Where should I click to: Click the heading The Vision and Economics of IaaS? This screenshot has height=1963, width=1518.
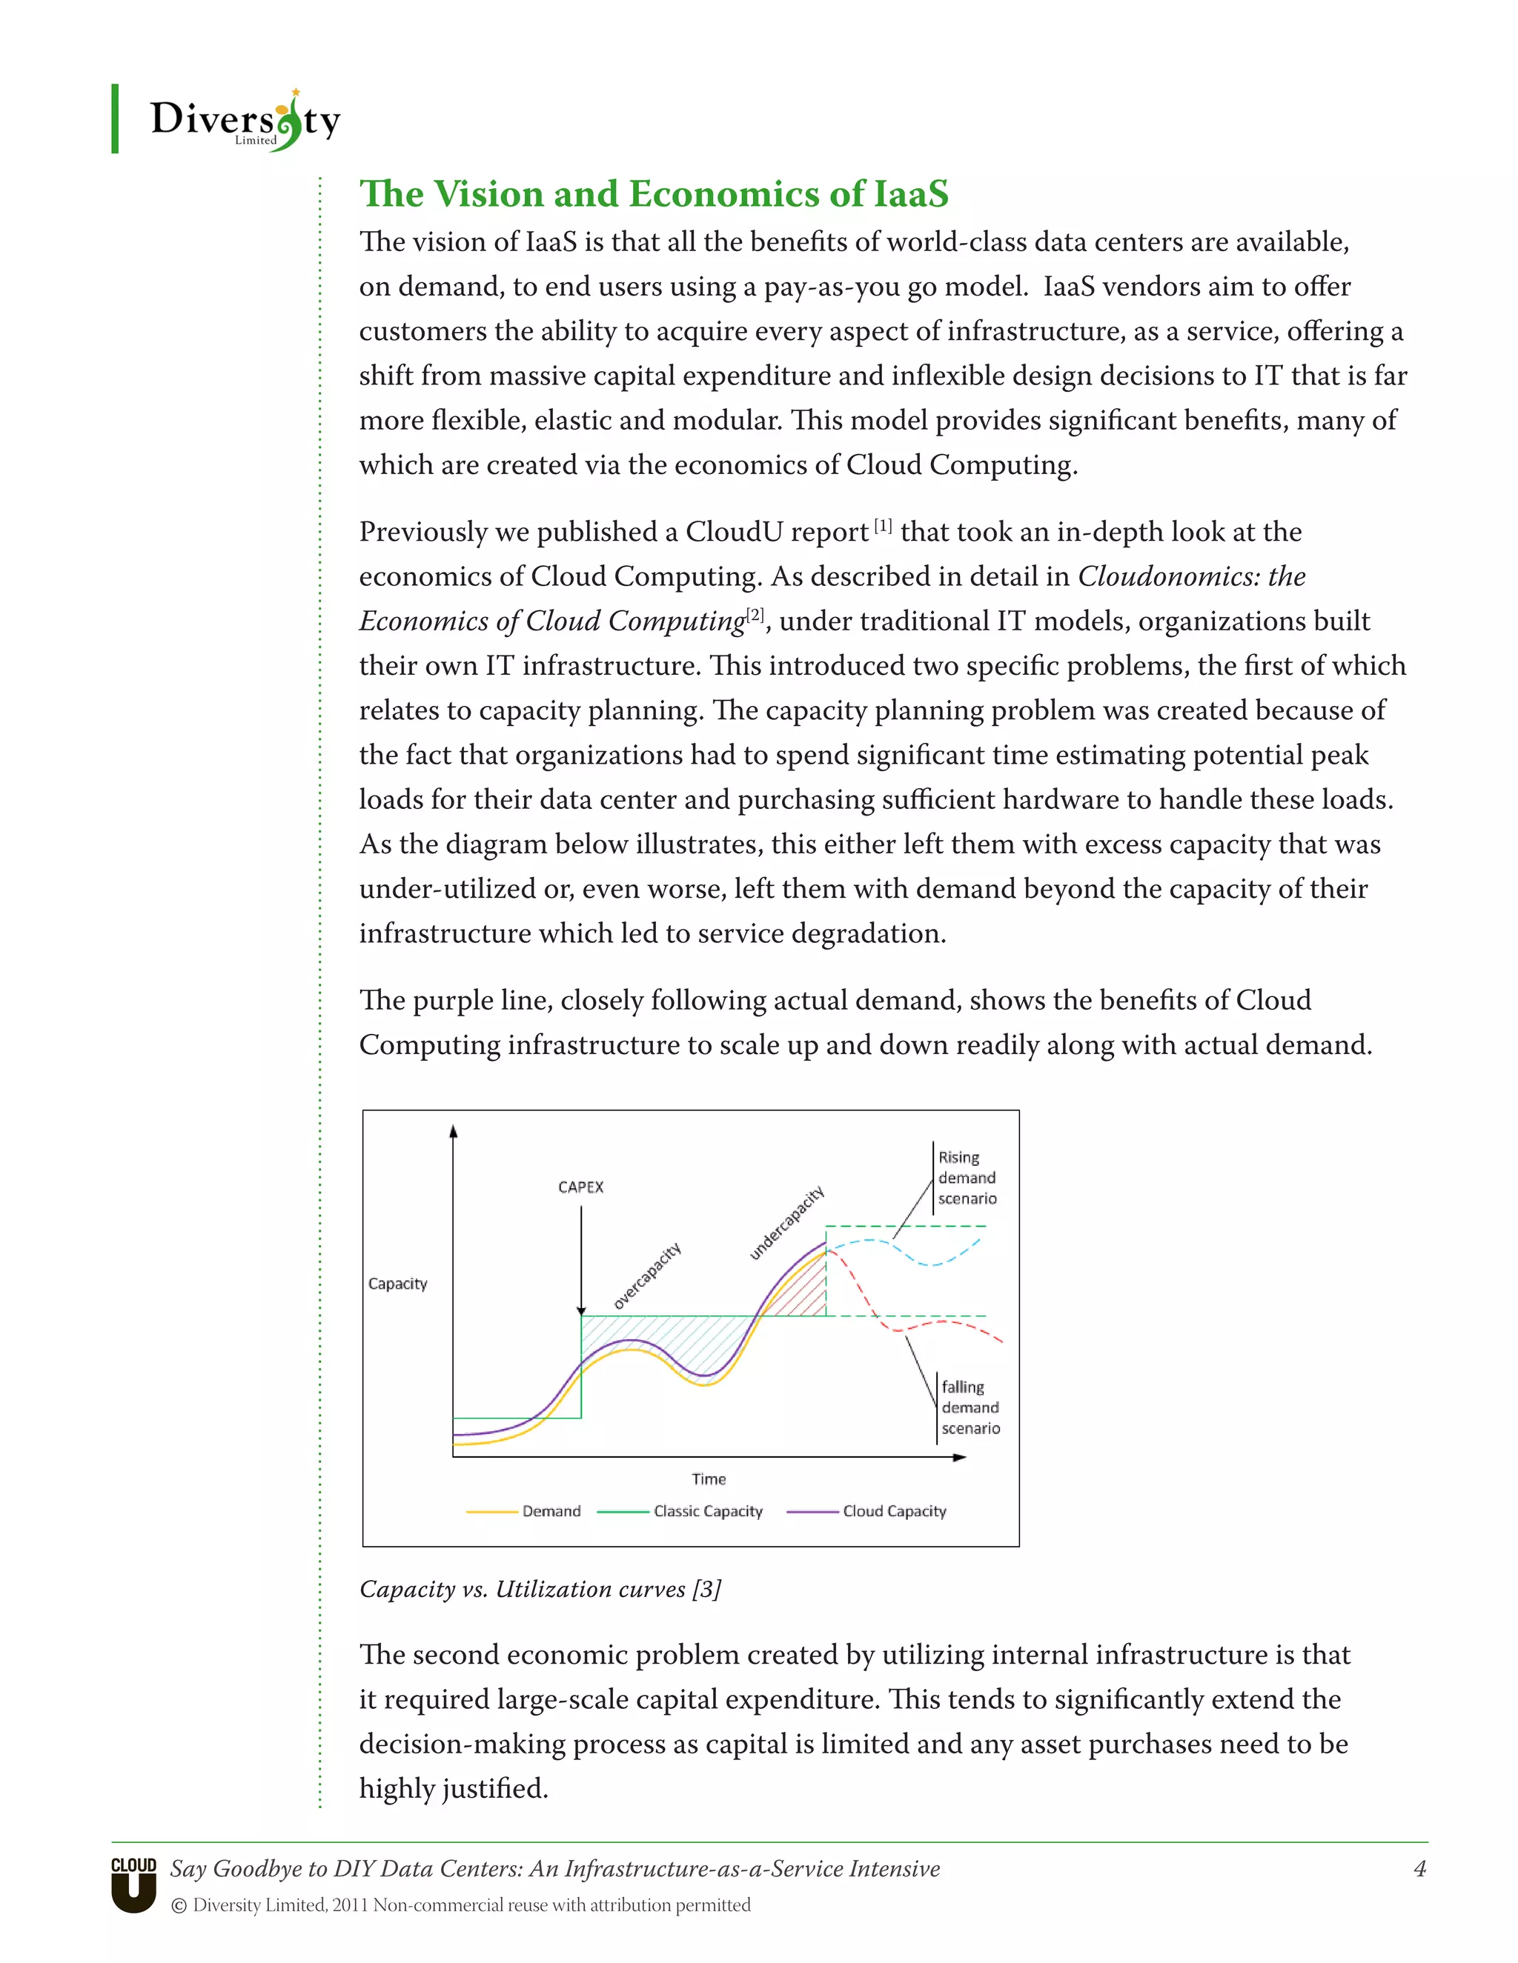[x=654, y=194]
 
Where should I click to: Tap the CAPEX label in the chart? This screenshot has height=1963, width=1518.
[x=580, y=1187]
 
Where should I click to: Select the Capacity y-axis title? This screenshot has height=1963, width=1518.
[x=397, y=1284]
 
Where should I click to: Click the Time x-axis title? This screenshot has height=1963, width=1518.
[x=709, y=1479]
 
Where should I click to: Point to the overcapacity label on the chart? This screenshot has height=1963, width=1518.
[x=648, y=1276]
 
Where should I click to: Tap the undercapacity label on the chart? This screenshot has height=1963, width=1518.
[x=787, y=1222]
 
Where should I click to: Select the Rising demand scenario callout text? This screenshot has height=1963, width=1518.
[x=967, y=1178]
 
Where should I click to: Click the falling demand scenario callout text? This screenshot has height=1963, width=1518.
[x=970, y=1407]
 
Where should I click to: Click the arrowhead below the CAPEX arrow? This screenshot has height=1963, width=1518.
[x=581, y=1311]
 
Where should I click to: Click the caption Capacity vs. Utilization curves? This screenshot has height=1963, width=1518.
[x=540, y=1589]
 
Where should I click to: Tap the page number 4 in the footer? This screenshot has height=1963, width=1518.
[x=1420, y=1869]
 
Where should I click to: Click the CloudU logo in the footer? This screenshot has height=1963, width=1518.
[x=133, y=1883]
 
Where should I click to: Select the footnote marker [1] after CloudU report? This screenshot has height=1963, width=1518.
[x=883, y=526]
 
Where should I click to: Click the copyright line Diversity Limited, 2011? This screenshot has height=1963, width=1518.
[x=460, y=1904]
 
